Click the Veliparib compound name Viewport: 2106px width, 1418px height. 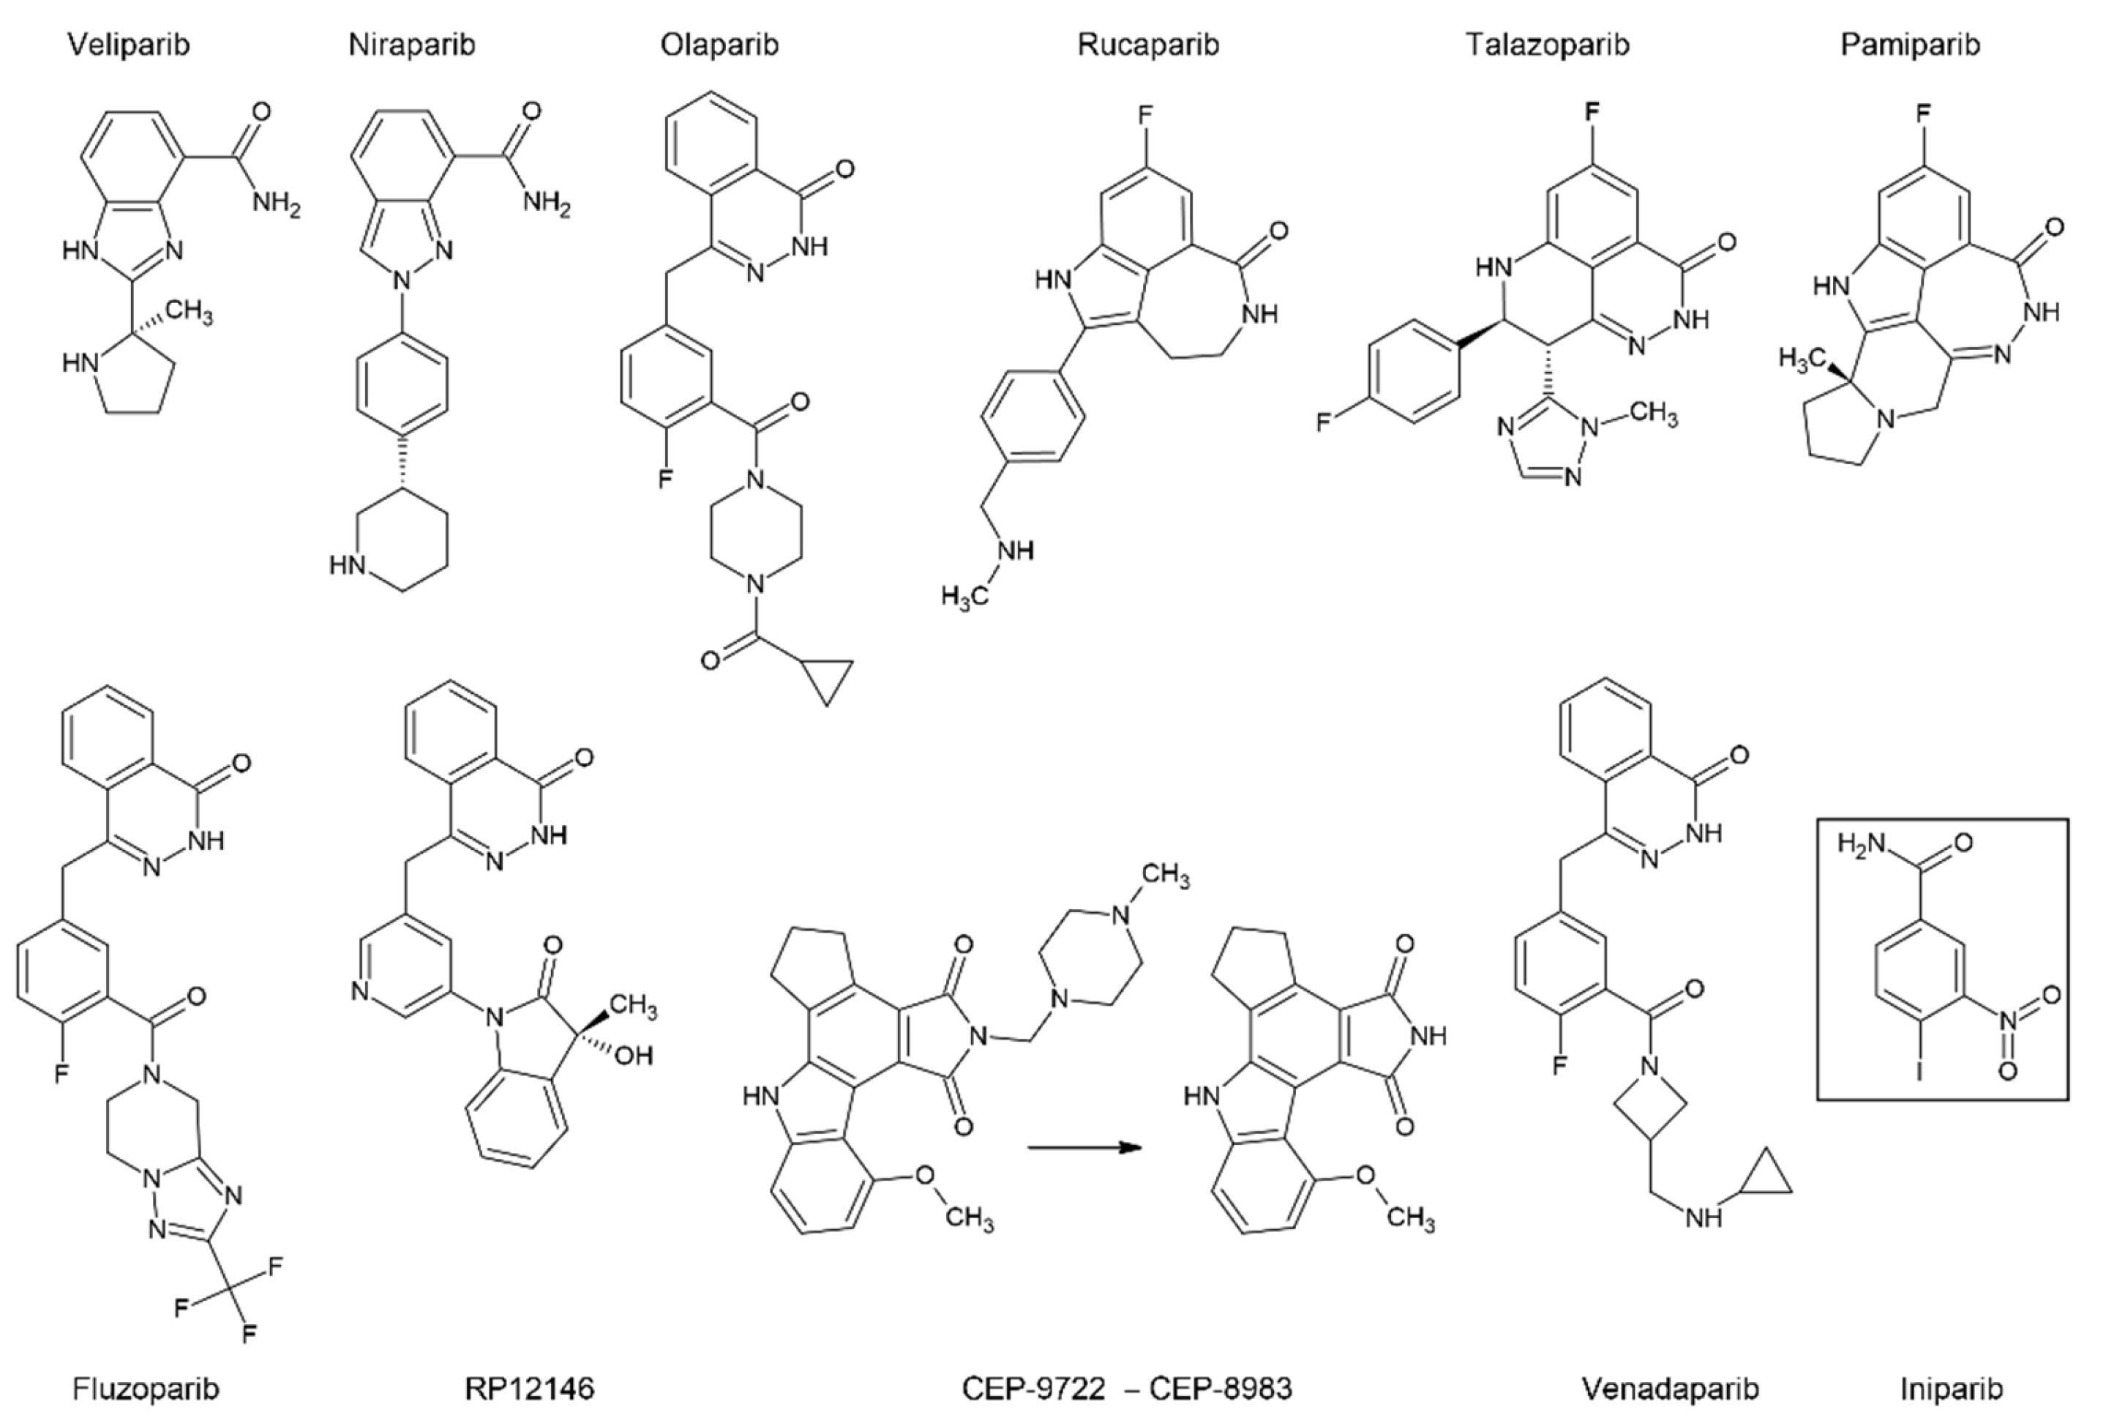coord(130,45)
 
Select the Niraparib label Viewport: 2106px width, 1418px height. coord(411,45)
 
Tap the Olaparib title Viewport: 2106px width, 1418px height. coord(719,45)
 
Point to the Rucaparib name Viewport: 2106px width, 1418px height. coord(1148,45)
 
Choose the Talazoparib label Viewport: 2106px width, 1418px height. coord(1548,45)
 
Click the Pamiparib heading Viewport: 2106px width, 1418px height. coord(1910,45)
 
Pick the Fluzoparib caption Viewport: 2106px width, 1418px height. coord(146,1388)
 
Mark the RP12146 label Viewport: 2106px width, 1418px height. coord(530,1388)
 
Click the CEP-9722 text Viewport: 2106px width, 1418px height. coord(1033,1388)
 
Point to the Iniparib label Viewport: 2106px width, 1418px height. coord(1951,1388)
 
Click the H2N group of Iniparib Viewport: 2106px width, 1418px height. coord(1861,844)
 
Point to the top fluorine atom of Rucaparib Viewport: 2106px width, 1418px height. coord(1144,116)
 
